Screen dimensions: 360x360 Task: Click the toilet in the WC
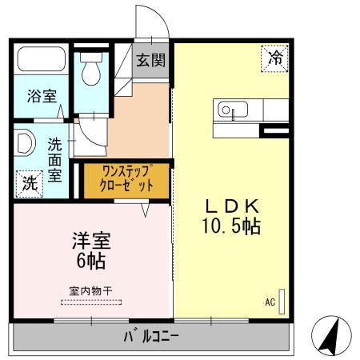[x=90, y=73]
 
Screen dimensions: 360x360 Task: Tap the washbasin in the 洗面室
[x=23, y=143]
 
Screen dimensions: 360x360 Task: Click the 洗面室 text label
[x=54, y=160]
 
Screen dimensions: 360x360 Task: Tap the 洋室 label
[x=90, y=240]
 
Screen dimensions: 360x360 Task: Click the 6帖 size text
[x=90, y=261]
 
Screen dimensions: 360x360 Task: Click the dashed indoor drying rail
[x=90, y=302]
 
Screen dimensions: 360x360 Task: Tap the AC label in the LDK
[x=270, y=302]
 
